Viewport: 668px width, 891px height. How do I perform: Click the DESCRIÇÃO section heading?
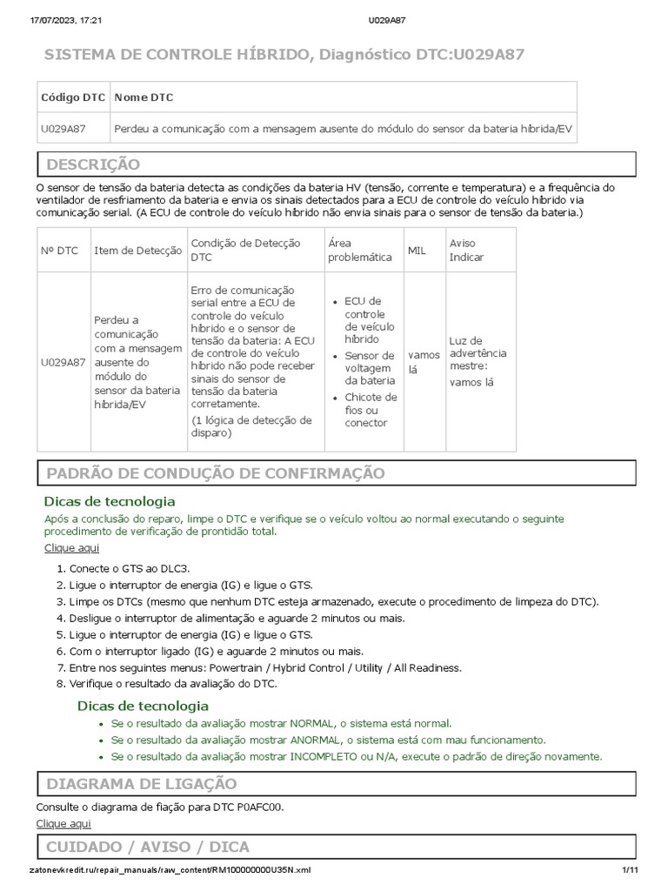click(93, 164)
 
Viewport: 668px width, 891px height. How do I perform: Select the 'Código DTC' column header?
click(73, 97)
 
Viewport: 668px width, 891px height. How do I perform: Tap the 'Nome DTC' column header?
click(144, 97)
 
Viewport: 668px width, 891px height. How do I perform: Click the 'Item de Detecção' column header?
click(137, 251)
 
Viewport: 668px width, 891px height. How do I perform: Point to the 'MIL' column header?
click(417, 251)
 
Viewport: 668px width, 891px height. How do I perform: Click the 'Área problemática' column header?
click(359, 251)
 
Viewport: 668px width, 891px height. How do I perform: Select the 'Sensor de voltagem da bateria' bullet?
click(370, 368)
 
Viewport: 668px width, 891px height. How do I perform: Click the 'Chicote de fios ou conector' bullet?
click(371, 410)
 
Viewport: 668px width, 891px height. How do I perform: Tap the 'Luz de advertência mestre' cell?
click(478, 361)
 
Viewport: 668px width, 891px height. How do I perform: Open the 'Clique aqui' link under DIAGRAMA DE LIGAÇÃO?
click(63, 823)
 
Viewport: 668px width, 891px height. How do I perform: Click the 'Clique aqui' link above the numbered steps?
click(71, 547)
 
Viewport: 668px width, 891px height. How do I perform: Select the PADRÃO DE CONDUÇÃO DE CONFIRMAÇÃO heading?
click(215, 472)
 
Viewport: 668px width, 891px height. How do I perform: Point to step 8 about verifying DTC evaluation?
click(172, 684)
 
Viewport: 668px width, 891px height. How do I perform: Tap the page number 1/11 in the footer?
click(630, 870)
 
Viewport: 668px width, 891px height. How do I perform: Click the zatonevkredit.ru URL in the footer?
click(169, 870)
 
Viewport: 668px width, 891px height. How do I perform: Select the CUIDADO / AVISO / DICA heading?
click(147, 847)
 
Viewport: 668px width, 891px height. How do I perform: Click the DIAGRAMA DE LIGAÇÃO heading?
click(141, 784)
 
